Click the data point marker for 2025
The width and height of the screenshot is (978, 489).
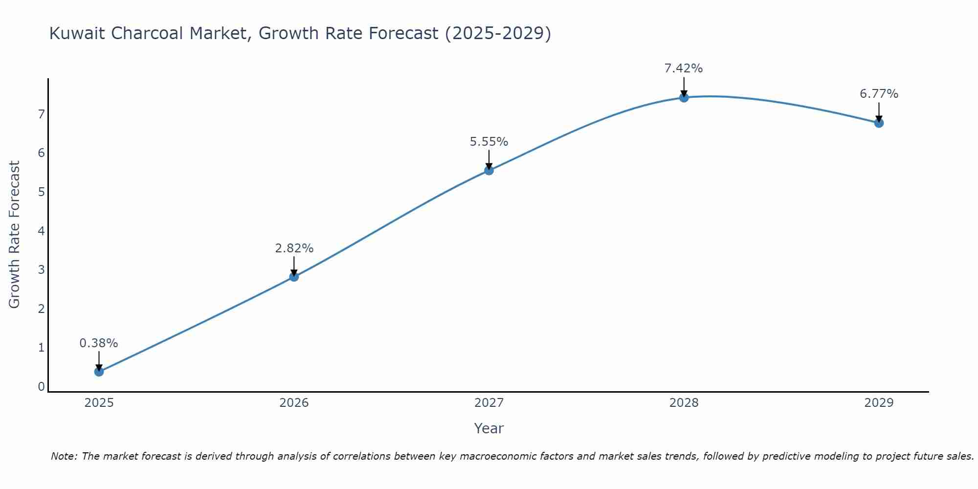(x=99, y=372)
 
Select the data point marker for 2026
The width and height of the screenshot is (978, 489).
(x=294, y=277)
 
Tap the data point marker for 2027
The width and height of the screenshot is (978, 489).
(x=489, y=170)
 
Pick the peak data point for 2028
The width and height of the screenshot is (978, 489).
(x=684, y=97)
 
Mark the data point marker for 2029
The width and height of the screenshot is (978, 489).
(x=879, y=123)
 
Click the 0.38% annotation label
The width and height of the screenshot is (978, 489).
(x=99, y=343)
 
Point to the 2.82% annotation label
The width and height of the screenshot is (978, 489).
(x=294, y=248)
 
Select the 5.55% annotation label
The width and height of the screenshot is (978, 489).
(x=489, y=142)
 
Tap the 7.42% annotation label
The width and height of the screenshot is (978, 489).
(x=684, y=68)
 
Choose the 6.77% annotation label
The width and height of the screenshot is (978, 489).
(x=879, y=94)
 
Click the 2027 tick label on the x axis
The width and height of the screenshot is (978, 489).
(x=489, y=403)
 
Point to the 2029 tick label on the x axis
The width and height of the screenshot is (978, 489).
(x=879, y=403)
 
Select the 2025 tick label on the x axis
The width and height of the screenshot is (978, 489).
(x=99, y=403)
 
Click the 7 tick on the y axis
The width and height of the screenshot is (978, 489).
(x=41, y=114)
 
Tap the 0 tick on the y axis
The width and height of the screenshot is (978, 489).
(x=41, y=387)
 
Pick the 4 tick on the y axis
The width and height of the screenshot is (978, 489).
(x=41, y=231)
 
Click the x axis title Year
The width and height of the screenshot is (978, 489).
(x=489, y=428)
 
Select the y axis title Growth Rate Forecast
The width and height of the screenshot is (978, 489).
(x=15, y=235)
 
